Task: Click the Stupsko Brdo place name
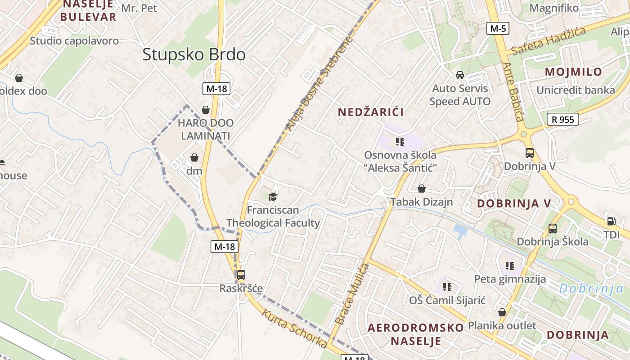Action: [x=194, y=54]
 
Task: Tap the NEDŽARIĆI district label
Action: [x=371, y=112]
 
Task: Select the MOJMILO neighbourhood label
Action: [x=573, y=72]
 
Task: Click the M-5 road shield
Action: [x=498, y=29]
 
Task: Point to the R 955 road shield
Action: [x=562, y=119]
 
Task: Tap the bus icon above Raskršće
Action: [x=241, y=274]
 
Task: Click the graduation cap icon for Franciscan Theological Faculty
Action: [x=273, y=197]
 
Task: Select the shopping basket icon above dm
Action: [x=194, y=157]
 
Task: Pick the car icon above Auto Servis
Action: [x=460, y=75]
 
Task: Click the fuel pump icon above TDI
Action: [x=611, y=221]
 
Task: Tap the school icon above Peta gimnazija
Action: [x=510, y=265]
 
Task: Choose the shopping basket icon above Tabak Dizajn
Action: [x=422, y=188]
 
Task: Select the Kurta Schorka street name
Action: [x=294, y=329]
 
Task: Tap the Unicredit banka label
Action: [x=576, y=90]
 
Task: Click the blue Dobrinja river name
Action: [x=591, y=288]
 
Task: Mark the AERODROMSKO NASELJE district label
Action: [x=415, y=334]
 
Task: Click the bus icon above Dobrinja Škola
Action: [x=553, y=229]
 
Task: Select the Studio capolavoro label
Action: [x=74, y=41]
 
